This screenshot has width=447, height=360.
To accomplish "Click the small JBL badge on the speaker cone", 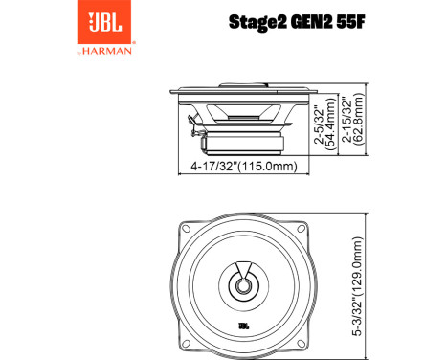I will pyautogui.click(x=244, y=328).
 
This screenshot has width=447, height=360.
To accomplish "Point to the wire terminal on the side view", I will pyautogui.click(x=193, y=125).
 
